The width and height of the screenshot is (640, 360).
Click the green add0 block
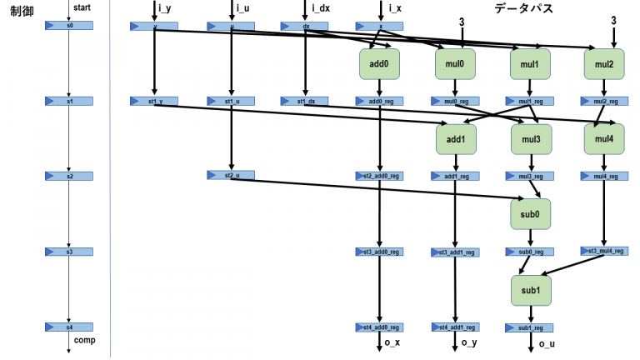pos(380,62)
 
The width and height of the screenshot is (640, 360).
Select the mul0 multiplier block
pos(455,62)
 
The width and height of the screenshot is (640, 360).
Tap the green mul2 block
pos(605,62)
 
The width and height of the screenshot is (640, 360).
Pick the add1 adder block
pos(455,138)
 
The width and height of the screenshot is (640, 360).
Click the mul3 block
pos(531,138)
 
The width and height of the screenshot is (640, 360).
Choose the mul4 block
pos(605,138)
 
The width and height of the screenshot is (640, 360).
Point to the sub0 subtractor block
pos(531,213)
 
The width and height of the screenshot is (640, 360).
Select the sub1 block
pos(531,289)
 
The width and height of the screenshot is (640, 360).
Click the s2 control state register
pos(69,177)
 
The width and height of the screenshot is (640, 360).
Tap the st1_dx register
pos(305,101)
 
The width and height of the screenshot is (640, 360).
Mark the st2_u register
pos(230,175)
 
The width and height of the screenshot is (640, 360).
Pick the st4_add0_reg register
pos(380,327)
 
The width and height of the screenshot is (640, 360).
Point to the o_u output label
pos(547,343)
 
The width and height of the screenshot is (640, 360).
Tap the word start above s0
pos(82,7)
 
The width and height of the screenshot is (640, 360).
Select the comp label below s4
pos(84,341)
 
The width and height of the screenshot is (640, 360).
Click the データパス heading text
pos(523,8)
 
